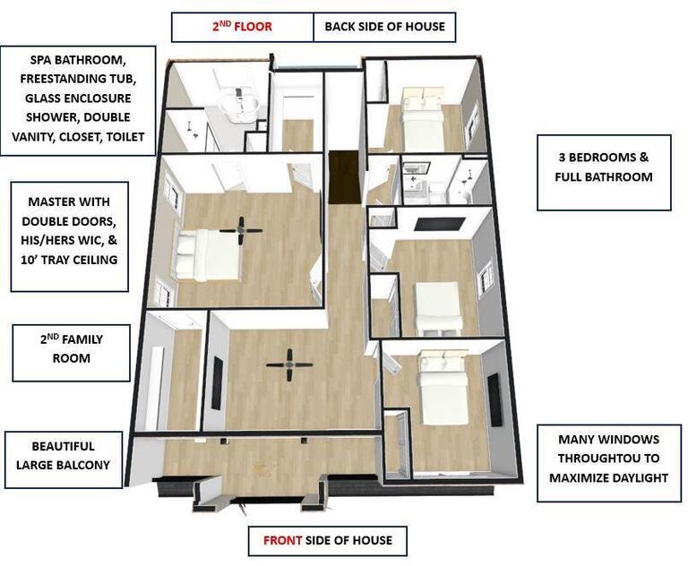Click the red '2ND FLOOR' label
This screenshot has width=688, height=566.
click(242, 27)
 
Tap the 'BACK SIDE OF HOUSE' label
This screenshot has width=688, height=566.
click(384, 27)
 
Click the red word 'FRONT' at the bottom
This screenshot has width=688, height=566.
click(282, 540)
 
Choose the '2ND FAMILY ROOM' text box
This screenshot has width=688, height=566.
click(71, 349)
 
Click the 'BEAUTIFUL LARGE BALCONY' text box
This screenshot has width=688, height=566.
click(63, 455)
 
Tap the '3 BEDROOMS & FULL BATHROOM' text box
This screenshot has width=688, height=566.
click(603, 167)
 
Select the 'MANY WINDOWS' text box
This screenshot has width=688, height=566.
click(608, 459)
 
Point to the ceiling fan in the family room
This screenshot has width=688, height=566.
click(289, 364)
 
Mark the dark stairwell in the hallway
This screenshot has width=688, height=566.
click(343, 178)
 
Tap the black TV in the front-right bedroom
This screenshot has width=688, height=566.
click(494, 399)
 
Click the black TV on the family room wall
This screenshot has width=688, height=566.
click(216, 382)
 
